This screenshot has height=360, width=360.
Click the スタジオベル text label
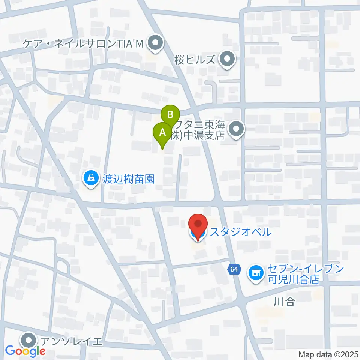pyautogui.click(x=240, y=232)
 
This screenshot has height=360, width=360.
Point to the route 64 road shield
pyautogui.click(x=234, y=269)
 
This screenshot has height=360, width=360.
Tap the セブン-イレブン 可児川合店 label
pyautogui.click(x=305, y=273)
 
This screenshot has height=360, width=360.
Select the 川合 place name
pyautogui.click(x=284, y=301)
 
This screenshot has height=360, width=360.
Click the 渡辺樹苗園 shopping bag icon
pyautogui.click(x=91, y=178)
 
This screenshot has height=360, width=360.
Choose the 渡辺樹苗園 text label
pyautogui.click(x=128, y=179)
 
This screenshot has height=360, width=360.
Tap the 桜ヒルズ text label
pyautogui.click(x=195, y=60)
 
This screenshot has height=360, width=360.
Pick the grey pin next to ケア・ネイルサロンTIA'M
pyautogui.click(x=154, y=44)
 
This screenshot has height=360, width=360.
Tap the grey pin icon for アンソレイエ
pyautogui.click(x=29, y=341)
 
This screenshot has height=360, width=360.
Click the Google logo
pyautogui.click(x=25, y=351)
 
